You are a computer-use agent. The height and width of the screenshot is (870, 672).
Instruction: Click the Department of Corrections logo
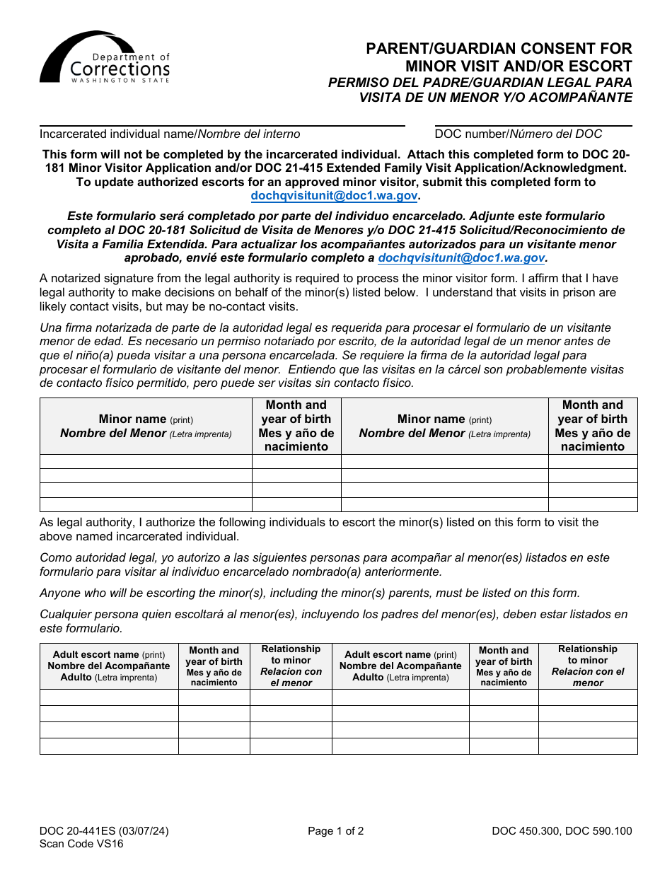pyautogui.click(x=105, y=58)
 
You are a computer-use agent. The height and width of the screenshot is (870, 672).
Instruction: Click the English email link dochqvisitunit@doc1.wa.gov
pyautogui.click(x=335, y=196)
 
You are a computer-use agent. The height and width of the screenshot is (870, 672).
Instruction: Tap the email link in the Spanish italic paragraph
pyautogui.click(x=461, y=258)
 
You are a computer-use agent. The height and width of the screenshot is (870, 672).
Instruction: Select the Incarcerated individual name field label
pyautogui.click(x=170, y=134)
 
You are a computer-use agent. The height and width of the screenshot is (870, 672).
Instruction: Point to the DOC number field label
pyautogui.click(x=518, y=134)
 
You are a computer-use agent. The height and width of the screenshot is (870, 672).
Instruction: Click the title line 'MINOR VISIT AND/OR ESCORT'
pyautogui.click(x=518, y=66)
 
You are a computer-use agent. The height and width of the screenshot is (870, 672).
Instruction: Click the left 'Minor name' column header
pyautogui.click(x=146, y=426)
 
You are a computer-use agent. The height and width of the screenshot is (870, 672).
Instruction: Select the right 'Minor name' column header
pyautogui.click(x=444, y=426)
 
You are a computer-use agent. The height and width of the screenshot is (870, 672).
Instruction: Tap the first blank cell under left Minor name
pyautogui.click(x=146, y=461)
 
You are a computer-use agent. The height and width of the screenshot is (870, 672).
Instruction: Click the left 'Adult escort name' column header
pyautogui.click(x=109, y=666)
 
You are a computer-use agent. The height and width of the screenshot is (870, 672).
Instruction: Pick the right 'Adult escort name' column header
pyautogui.click(x=400, y=666)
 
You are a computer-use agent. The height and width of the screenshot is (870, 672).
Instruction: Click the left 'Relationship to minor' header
pyautogui.click(x=291, y=666)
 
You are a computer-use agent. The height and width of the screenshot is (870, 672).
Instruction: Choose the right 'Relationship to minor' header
pyautogui.click(x=587, y=666)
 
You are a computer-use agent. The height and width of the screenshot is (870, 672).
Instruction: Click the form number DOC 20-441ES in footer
pyautogui.click(x=104, y=831)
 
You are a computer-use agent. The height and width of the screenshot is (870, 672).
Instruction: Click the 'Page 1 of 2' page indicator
pyautogui.click(x=335, y=831)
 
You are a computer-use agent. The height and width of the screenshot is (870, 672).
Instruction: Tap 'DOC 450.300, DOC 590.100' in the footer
pyautogui.click(x=562, y=831)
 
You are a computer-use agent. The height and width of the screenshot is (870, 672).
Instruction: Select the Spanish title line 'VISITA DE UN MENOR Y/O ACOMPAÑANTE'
pyautogui.click(x=495, y=97)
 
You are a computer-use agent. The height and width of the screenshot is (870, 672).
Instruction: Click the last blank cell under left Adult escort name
pyautogui.click(x=109, y=746)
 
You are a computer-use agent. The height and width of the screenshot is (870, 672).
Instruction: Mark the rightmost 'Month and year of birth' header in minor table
pyautogui.click(x=592, y=426)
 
